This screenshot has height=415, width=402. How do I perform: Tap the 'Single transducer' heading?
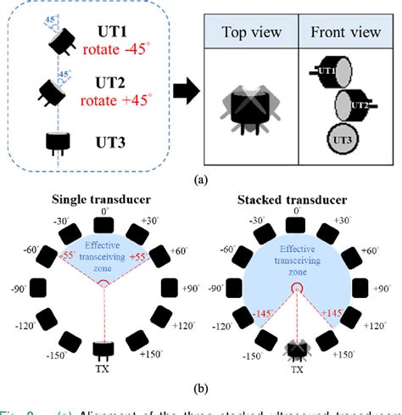click(x=103, y=200)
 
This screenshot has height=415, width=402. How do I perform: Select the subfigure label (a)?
click(x=201, y=180)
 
